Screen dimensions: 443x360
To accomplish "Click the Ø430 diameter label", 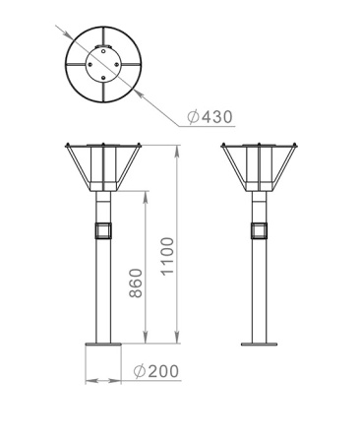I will pos(209,117).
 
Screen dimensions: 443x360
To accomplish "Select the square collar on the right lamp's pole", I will pos(260,230).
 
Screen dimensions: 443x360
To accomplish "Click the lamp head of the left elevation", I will pos(103,168).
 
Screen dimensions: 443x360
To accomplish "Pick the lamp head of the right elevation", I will pos(260,168).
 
